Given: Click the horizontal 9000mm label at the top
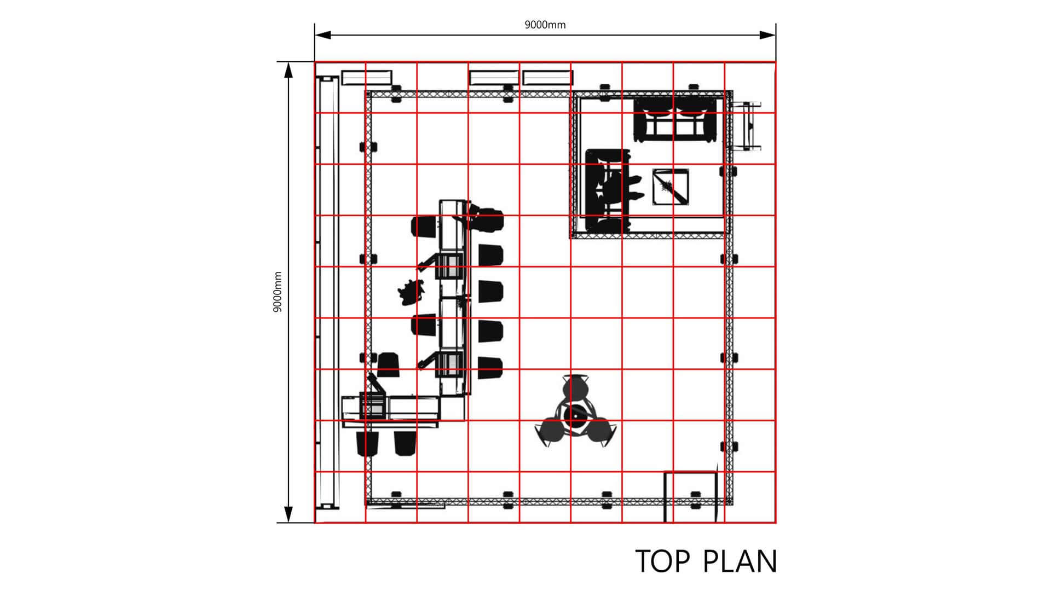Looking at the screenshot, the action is coord(545,25).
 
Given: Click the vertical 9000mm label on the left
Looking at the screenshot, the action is coord(278,292).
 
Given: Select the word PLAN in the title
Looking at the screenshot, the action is coord(740,561).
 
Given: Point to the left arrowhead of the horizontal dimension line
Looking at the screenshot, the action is coord(322,35).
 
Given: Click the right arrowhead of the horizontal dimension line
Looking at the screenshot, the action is coord(768,35).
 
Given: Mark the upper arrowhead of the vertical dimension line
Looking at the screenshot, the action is coord(288,69).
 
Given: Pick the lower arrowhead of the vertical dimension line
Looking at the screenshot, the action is coord(288,515).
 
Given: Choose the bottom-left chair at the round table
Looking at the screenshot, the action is coord(550,431).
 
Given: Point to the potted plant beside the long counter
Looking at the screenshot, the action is coord(411,291).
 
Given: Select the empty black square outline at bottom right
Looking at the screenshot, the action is coord(690,496).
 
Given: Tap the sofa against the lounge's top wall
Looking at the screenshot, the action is coord(675,120).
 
